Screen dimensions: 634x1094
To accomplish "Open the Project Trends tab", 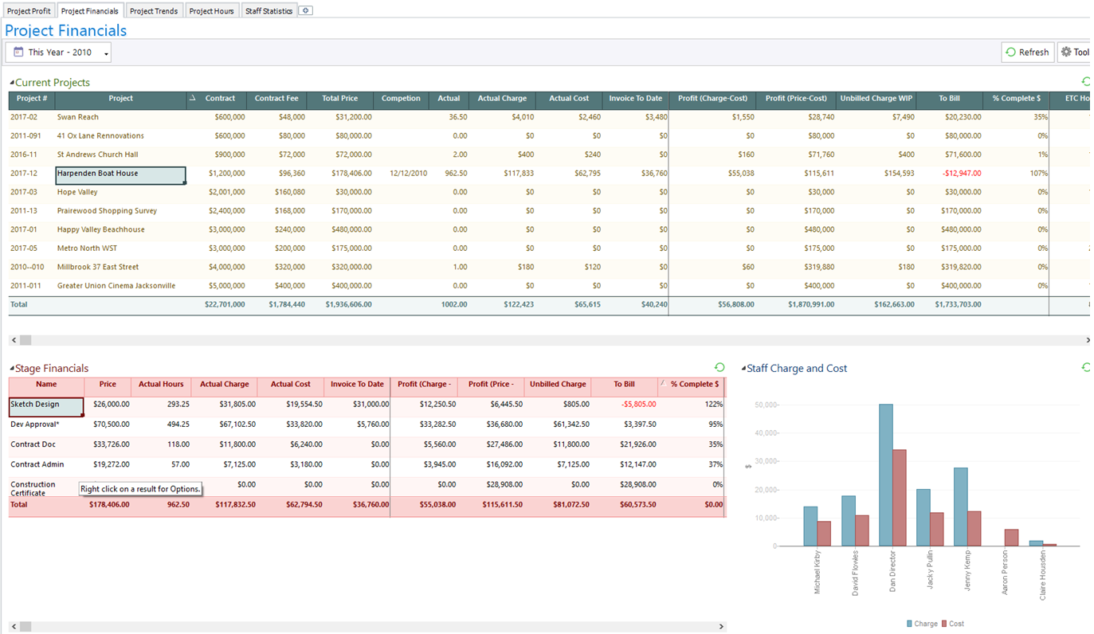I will [154, 11].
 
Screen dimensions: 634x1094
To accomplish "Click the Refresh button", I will [1027, 53].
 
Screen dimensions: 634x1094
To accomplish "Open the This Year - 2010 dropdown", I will [58, 53].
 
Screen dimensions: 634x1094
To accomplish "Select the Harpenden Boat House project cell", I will [120, 174].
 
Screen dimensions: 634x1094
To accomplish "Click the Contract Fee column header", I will [276, 99].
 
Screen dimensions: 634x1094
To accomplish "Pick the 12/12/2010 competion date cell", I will [408, 174].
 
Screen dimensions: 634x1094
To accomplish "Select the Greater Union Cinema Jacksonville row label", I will [116, 286].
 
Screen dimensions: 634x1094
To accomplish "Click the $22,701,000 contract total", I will [225, 304].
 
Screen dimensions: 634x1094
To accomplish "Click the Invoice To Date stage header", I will [357, 385].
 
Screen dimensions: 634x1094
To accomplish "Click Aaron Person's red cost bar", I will [1010, 538].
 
